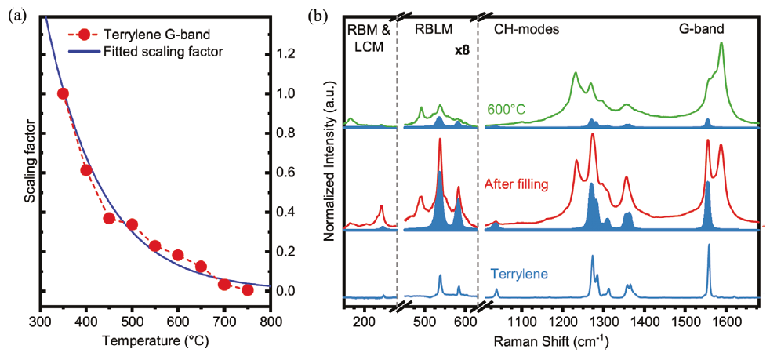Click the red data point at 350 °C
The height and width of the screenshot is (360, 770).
[x=63, y=94]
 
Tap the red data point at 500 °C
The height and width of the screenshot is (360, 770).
[x=132, y=224]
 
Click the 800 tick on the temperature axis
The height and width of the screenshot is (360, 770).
[x=271, y=321]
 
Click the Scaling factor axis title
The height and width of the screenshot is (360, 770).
[x=30, y=168]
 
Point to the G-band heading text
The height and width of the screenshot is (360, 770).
[x=701, y=29]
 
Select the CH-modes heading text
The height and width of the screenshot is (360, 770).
[x=525, y=29]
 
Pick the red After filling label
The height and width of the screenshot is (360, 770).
[x=516, y=184]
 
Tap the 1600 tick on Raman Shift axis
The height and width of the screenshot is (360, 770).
[x=725, y=321]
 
